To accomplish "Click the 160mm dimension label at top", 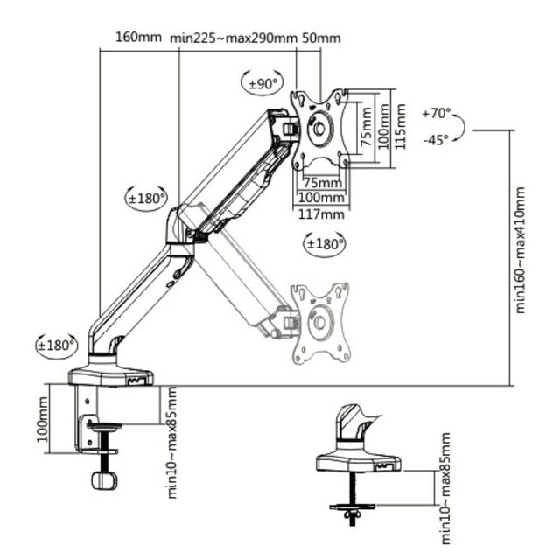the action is tap(138, 37).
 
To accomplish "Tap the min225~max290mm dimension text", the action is tap(234, 38).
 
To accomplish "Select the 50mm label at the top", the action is tap(321, 38).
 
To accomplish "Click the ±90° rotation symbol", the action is tap(262, 84).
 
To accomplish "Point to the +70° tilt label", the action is tap(436, 113).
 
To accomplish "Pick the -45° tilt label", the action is tap(436, 140).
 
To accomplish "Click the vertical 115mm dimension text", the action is tap(401, 126).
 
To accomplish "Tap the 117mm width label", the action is tap(321, 214).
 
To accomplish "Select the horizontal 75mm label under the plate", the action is tap(323, 183).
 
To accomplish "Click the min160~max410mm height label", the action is tap(520, 250).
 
